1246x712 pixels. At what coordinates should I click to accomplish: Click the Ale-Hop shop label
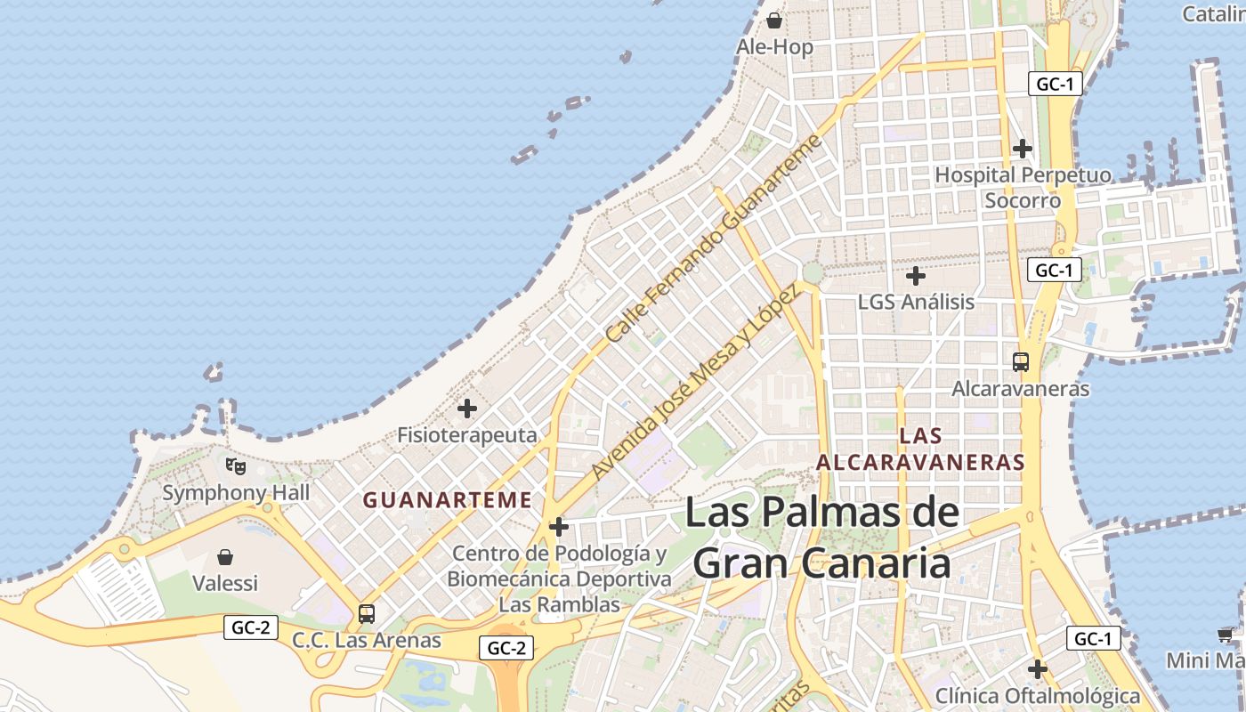click(x=774, y=47)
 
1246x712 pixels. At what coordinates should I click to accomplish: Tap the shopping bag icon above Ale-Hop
click(x=774, y=20)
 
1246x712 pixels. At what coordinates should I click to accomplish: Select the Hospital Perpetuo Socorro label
click(x=1023, y=188)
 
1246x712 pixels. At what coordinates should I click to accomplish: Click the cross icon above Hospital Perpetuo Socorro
click(x=1023, y=148)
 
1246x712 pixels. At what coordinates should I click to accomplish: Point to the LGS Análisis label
click(x=916, y=302)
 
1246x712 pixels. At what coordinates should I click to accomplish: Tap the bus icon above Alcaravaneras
click(x=1021, y=362)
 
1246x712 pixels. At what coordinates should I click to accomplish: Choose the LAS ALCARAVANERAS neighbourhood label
click(x=920, y=449)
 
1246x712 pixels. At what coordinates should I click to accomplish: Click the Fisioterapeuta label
click(x=467, y=435)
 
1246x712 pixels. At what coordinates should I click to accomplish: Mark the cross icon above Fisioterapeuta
click(x=467, y=409)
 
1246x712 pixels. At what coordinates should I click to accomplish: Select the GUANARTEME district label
click(x=447, y=500)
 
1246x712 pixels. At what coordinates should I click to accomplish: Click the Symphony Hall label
click(x=236, y=492)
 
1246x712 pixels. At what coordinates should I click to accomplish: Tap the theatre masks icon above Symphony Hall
click(x=236, y=465)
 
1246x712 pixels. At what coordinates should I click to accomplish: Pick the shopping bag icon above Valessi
click(x=225, y=557)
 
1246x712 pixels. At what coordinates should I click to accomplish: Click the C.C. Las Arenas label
click(x=367, y=640)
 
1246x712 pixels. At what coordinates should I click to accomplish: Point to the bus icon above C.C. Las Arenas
click(x=367, y=613)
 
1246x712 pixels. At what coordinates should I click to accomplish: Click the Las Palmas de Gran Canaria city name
click(x=822, y=538)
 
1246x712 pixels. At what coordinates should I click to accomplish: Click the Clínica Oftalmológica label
click(x=1038, y=695)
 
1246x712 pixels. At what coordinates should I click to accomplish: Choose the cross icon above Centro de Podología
click(x=559, y=527)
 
